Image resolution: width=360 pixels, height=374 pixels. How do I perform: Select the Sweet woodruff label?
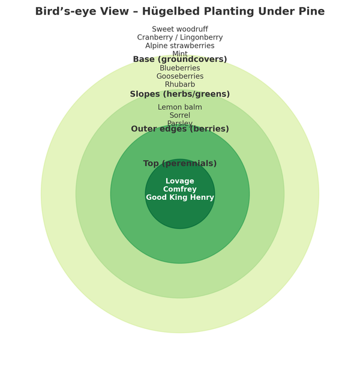click(x=180, y=29)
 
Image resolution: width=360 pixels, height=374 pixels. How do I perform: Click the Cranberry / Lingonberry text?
click(x=180, y=38)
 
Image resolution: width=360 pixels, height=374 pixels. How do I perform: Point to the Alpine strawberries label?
click(x=180, y=46)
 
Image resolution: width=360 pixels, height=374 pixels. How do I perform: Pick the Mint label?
click(x=180, y=53)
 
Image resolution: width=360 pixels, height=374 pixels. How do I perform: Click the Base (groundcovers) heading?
click(x=180, y=59)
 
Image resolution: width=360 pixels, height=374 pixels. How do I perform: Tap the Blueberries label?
click(x=180, y=68)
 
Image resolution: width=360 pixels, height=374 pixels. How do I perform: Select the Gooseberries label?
click(x=180, y=77)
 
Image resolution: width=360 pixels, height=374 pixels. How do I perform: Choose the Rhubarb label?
click(x=180, y=85)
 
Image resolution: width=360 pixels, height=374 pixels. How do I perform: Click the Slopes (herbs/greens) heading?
click(x=180, y=94)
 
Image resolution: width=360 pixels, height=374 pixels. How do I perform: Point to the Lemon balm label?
click(x=180, y=107)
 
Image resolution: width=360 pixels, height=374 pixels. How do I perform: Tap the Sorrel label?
click(x=180, y=116)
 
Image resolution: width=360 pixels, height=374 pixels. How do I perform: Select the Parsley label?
click(x=180, y=123)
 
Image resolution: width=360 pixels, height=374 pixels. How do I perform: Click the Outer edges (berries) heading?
click(x=180, y=129)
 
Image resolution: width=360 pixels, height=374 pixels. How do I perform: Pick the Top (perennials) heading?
click(x=180, y=164)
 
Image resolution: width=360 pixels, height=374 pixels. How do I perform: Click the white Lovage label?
click(x=180, y=181)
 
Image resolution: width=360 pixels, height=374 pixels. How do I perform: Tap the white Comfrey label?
click(x=180, y=190)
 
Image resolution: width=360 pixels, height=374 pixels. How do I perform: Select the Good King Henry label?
click(x=180, y=198)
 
